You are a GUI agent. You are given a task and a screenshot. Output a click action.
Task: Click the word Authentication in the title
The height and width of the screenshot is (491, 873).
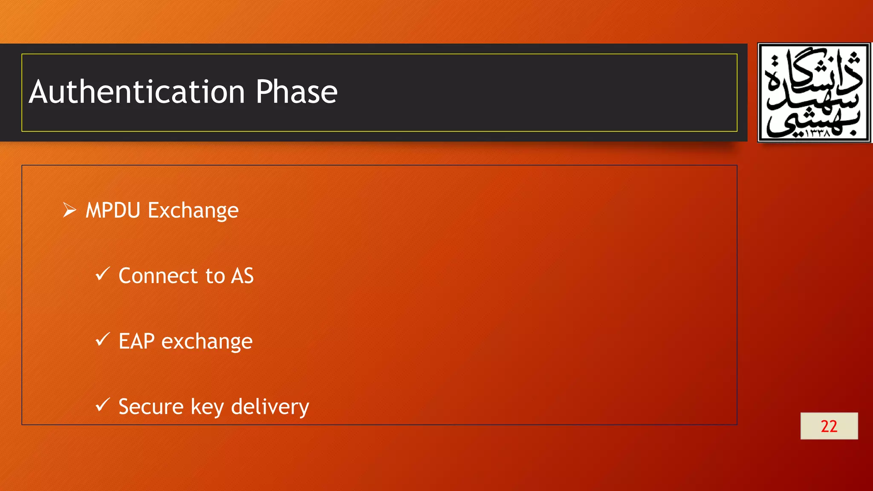[x=137, y=92]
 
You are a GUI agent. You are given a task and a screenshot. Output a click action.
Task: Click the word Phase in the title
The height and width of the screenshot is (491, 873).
[x=296, y=92]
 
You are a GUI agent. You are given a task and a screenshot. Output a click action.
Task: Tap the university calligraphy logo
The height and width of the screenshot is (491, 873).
[x=814, y=92]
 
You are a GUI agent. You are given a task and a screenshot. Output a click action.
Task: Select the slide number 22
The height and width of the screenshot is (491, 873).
[x=829, y=426]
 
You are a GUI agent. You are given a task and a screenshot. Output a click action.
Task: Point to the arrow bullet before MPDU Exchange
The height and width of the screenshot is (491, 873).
[x=69, y=210]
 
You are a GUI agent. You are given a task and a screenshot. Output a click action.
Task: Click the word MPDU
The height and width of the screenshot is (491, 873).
[x=113, y=211]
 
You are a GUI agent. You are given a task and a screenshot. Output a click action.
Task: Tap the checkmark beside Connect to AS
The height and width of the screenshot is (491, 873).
[x=103, y=274]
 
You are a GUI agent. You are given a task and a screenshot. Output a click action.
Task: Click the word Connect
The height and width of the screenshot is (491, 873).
[x=158, y=276]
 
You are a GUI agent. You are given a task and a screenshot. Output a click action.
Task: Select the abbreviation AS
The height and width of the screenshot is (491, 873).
[x=242, y=276]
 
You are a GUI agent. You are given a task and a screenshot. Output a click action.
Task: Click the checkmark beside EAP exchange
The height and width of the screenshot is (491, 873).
[x=103, y=339]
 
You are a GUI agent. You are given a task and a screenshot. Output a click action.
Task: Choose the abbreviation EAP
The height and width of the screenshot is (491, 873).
[x=136, y=341]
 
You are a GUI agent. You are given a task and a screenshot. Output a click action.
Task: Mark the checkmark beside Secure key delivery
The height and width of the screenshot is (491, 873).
[x=103, y=405]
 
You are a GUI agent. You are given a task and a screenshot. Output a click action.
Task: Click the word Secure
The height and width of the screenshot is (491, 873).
[x=151, y=407]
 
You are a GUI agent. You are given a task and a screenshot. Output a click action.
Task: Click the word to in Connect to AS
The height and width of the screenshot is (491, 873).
[x=215, y=276]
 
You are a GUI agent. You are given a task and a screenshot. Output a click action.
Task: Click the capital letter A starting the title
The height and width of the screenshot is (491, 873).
[x=39, y=92]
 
